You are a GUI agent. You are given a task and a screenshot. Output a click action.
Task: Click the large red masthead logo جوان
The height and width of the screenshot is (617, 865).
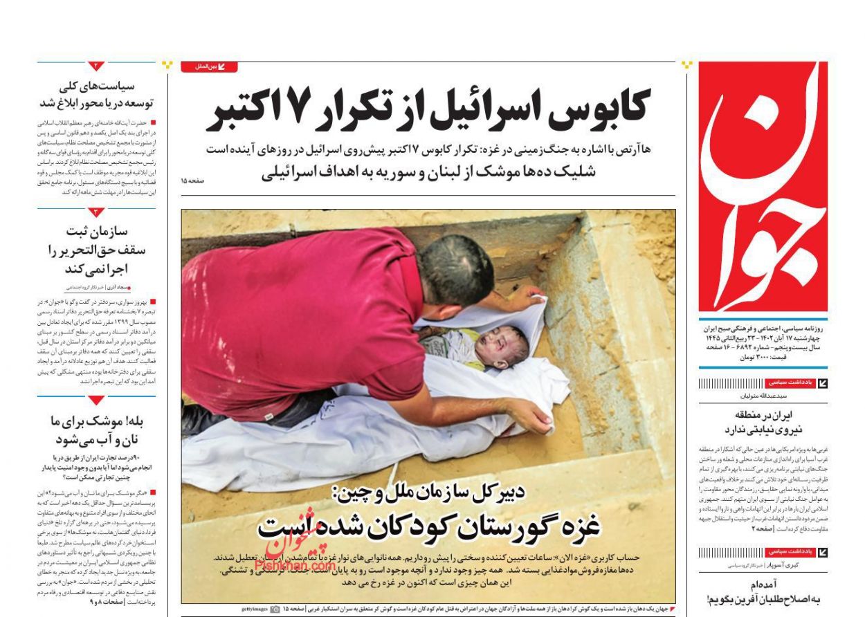coord(763,187)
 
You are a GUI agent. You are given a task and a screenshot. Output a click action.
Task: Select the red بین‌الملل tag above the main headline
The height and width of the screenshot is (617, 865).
coord(209,67)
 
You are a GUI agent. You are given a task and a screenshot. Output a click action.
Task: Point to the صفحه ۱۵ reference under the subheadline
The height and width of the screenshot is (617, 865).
coord(193,181)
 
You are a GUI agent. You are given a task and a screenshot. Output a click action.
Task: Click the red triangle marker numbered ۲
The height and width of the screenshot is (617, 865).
coord(96,66)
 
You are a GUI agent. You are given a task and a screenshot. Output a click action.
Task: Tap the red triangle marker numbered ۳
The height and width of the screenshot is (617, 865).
coord(96,212)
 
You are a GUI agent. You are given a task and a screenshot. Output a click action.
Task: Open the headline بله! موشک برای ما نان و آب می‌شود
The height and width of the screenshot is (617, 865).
coord(97,430)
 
